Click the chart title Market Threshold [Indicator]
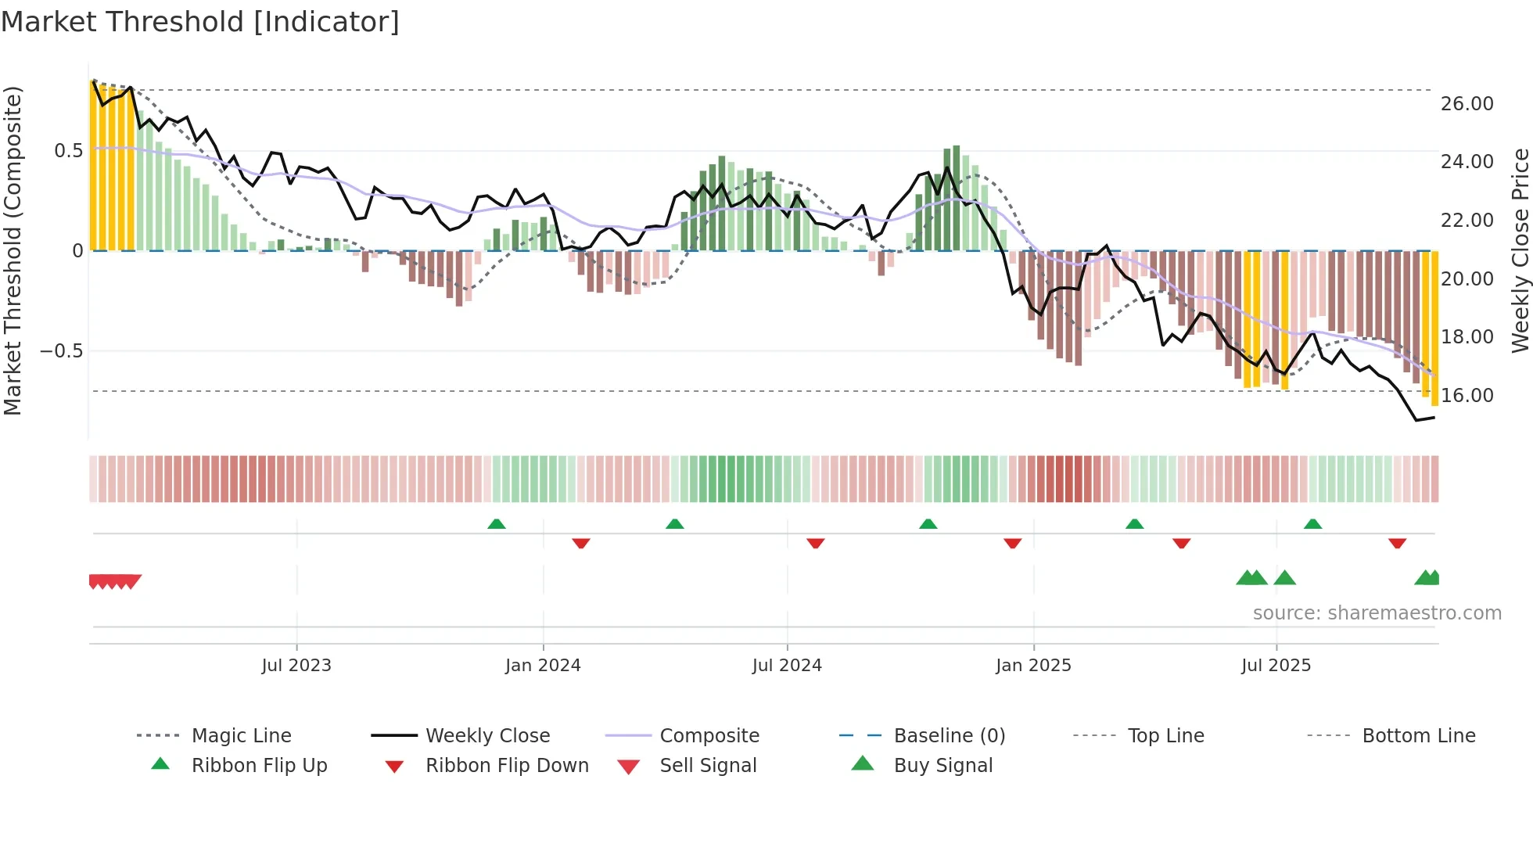click(x=200, y=22)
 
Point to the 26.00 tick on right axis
click(x=1467, y=104)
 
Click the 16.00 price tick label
click(x=1467, y=396)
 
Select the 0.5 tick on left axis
click(x=69, y=151)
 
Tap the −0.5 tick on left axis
click(x=62, y=351)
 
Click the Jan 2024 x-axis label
click(x=543, y=666)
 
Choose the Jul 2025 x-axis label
click(x=1276, y=666)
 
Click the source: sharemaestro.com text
click(x=1377, y=613)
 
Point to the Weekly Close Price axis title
click(x=1520, y=250)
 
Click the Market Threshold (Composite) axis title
click(x=13, y=250)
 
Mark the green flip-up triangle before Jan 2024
click(x=497, y=524)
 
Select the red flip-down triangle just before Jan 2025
click(x=1013, y=543)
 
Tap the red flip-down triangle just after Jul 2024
click(x=816, y=543)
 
